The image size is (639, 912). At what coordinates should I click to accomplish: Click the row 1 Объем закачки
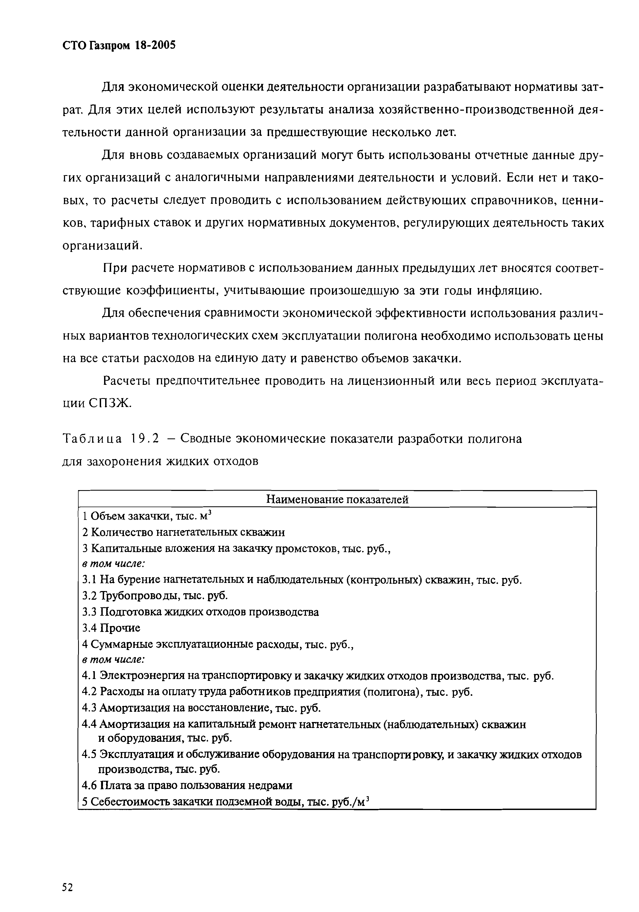(x=146, y=516)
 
